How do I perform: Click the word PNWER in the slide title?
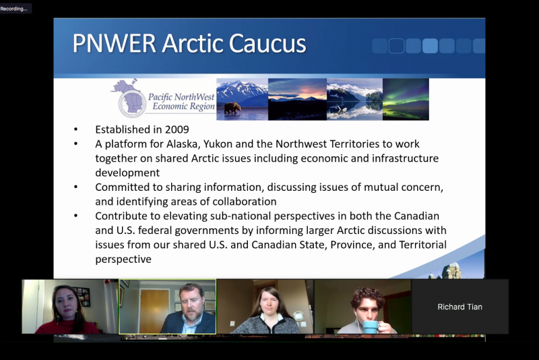(114, 43)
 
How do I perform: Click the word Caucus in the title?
(267, 43)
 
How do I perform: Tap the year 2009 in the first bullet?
(177, 129)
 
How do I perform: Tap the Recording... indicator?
(14, 9)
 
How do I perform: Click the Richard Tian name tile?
(460, 307)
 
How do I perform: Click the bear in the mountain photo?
(232, 107)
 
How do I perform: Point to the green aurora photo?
(406, 99)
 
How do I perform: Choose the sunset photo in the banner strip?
(297, 99)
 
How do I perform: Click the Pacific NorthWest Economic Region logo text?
(181, 102)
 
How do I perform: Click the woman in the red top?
(66, 311)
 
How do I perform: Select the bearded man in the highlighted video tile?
(188, 309)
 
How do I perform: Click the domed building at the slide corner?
(451, 270)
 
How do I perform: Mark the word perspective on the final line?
(123, 260)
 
